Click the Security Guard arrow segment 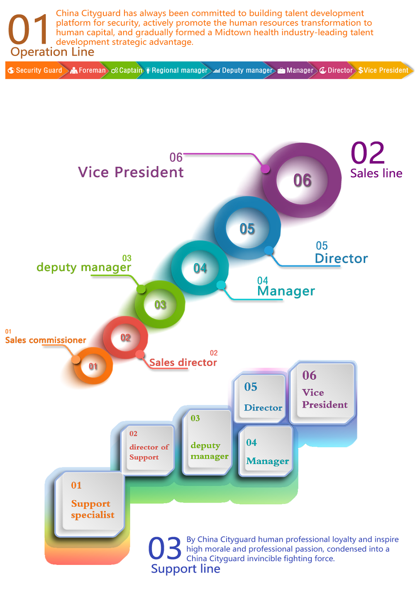(x=35, y=71)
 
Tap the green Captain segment (x=127, y=71)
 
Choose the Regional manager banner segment (x=176, y=71)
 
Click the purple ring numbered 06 (x=302, y=180)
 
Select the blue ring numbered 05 (x=247, y=229)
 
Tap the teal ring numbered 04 (x=200, y=268)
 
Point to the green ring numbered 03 (x=160, y=305)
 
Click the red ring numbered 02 (x=125, y=337)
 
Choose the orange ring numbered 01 (x=93, y=366)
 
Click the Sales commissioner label (x=46, y=340)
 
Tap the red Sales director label (x=183, y=362)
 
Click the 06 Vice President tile (x=323, y=392)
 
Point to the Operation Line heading (x=52, y=52)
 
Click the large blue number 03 (x=165, y=548)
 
